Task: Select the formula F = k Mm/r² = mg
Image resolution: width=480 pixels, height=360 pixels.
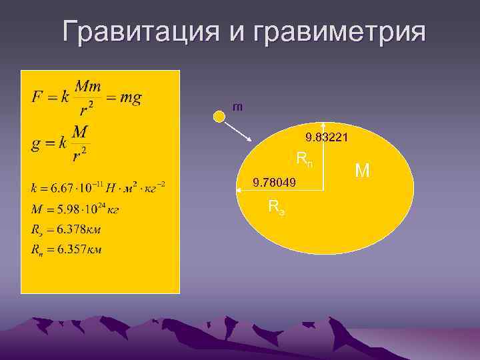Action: click(87, 98)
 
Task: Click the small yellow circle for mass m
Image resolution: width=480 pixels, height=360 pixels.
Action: click(219, 117)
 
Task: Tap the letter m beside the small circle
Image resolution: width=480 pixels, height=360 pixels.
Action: click(237, 106)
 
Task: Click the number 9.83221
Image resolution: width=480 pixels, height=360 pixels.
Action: click(326, 138)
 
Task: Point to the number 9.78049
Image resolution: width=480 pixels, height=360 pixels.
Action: click(274, 182)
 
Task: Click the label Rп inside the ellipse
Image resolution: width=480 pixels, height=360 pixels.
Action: click(304, 159)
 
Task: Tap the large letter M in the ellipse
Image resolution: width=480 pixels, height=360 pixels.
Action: click(363, 171)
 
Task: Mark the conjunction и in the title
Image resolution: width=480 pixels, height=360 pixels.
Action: click(233, 32)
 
